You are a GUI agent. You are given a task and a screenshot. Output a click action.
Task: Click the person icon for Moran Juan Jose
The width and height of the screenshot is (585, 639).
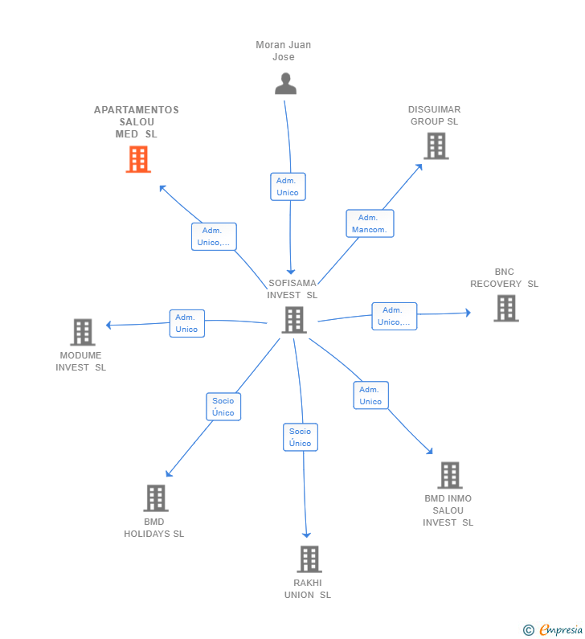pyautogui.click(x=285, y=84)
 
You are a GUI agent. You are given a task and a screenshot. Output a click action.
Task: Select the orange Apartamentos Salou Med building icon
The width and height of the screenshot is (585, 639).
pyautogui.click(x=138, y=159)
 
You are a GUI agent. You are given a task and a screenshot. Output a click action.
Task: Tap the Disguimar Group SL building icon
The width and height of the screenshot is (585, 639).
pyautogui.click(x=436, y=146)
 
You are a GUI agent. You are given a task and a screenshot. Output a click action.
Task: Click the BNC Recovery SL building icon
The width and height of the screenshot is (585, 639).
pyautogui.click(x=506, y=309)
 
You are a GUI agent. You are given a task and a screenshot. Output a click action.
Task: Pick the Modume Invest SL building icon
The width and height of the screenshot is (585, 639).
pyautogui.click(x=82, y=332)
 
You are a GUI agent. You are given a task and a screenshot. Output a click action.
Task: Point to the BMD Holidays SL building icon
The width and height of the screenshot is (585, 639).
pyautogui.click(x=156, y=498)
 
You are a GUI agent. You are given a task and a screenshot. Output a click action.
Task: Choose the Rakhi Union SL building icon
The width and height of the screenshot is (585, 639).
pyautogui.click(x=309, y=559)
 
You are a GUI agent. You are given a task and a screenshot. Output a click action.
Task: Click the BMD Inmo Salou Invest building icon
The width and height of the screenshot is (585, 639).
pyautogui.click(x=450, y=475)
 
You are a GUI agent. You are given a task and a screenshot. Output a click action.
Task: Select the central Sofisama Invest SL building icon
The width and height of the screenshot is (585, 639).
pyautogui.click(x=294, y=321)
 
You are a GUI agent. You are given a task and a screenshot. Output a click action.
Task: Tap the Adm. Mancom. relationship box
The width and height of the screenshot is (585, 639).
pyautogui.click(x=370, y=223)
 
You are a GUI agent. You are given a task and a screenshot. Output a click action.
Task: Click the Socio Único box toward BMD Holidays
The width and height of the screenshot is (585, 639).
pyautogui.click(x=223, y=407)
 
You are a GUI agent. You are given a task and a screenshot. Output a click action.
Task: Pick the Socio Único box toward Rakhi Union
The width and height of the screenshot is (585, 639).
pyautogui.click(x=301, y=437)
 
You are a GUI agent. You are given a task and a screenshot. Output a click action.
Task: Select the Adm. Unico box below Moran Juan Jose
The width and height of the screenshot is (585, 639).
pyautogui.click(x=288, y=186)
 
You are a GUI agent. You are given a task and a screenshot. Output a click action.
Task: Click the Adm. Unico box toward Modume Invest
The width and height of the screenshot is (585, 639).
pyautogui.click(x=187, y=323)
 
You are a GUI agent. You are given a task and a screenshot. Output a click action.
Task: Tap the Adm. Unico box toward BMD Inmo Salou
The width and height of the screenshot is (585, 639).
pyautogui.click(x=370, y=395)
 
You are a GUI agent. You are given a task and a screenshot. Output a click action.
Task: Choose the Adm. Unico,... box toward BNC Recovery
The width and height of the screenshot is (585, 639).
pyautogui.click(x=395, y=316)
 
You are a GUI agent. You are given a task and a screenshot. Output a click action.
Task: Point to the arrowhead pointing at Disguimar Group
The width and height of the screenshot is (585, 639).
pyautogui.click(x=419, y=167)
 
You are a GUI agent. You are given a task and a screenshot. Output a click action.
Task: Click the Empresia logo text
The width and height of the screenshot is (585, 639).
pyautogui.click(x=561, y=629)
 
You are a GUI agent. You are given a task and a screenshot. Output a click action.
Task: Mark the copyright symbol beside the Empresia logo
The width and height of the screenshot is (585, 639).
pyautogui.click(x=529, y=630)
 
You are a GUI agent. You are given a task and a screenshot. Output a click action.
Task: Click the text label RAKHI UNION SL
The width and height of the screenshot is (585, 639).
pyautogui.click(x=308, y=589)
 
